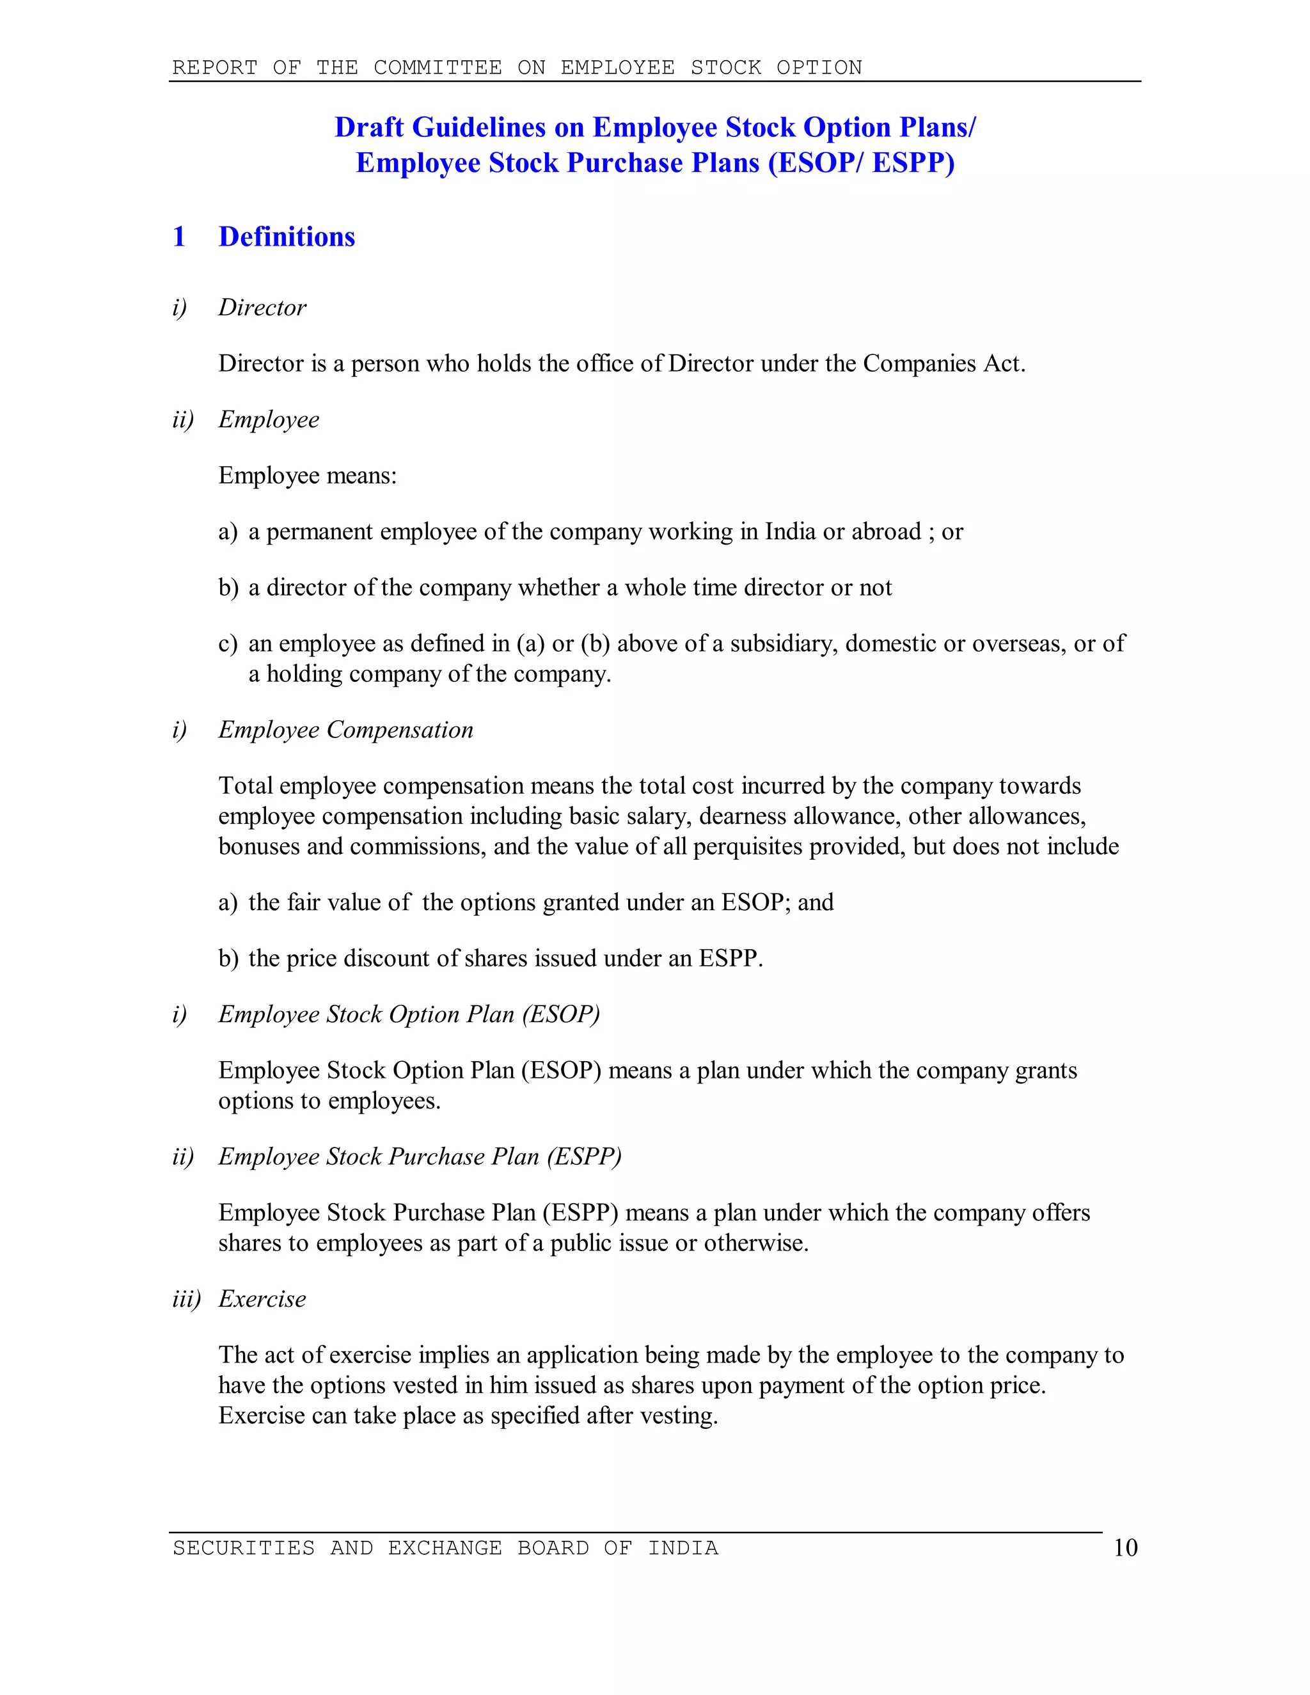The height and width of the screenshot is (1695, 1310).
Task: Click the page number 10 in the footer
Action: (1125, 1549)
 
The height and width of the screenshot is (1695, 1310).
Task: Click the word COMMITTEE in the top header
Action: (438, 68)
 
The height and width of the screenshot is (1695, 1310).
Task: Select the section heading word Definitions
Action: (287, 237)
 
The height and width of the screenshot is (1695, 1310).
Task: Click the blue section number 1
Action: (179, 237)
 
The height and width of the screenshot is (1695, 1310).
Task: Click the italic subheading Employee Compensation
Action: (345, 730)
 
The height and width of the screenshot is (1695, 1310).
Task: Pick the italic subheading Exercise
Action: (262, 1299)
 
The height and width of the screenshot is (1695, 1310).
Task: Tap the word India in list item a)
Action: (790, 532)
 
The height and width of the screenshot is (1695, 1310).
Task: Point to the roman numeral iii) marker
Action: (186, 1299)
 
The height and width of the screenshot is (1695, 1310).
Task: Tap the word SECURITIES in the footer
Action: (244, 1549)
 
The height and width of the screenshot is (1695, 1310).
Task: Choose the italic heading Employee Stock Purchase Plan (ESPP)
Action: (420, 1156)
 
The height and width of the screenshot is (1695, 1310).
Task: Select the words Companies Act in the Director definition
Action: (943, 363)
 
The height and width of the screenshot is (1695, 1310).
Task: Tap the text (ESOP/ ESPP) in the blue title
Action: (861, 163)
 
